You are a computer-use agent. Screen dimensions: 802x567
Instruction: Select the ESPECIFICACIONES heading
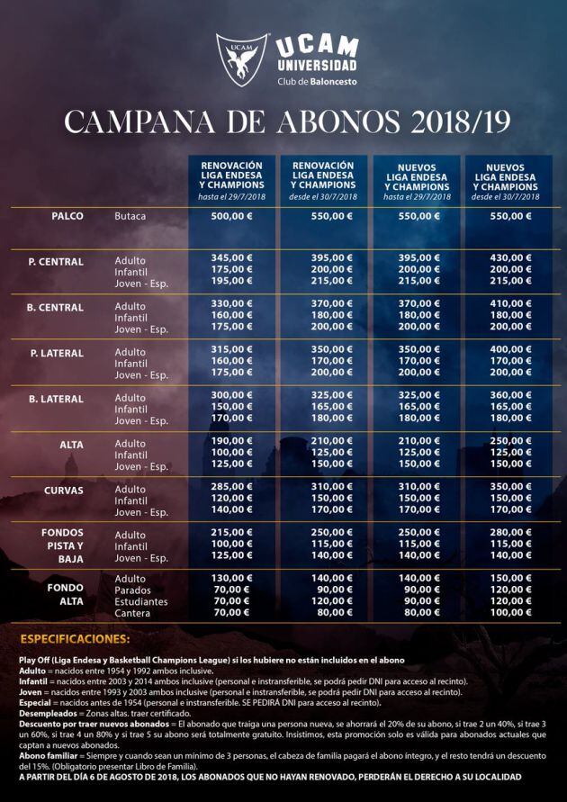[74, 639]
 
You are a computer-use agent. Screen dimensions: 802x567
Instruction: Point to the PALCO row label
[67, 217]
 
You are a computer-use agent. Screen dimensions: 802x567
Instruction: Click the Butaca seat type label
[130, 217]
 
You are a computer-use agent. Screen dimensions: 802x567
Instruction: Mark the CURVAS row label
[63, 491]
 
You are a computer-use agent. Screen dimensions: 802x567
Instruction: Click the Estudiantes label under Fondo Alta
[141, 600]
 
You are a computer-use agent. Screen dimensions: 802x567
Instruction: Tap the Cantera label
[132, 612]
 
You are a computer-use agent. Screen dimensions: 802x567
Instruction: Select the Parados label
[133, 589]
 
